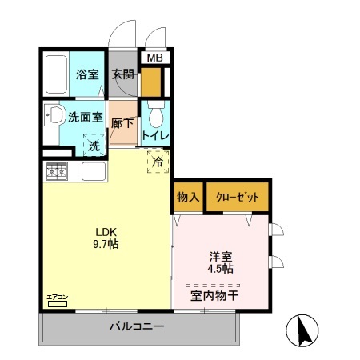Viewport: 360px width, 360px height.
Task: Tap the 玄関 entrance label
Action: click(122, 75)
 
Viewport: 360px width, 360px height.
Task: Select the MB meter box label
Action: click(155, 58)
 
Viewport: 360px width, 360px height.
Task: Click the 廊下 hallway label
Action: click(122, 125)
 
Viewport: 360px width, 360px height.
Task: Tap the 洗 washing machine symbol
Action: click(94, 146)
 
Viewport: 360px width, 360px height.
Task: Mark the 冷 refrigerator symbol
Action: click(157, 162)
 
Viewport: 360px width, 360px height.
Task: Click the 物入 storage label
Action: click(186, 197)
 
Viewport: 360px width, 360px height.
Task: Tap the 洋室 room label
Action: click(221, 256)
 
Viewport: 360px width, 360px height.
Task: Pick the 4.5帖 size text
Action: click(221, 269)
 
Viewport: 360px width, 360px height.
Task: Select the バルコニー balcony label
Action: click(137, 326)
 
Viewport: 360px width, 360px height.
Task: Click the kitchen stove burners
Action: click(58, 170)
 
